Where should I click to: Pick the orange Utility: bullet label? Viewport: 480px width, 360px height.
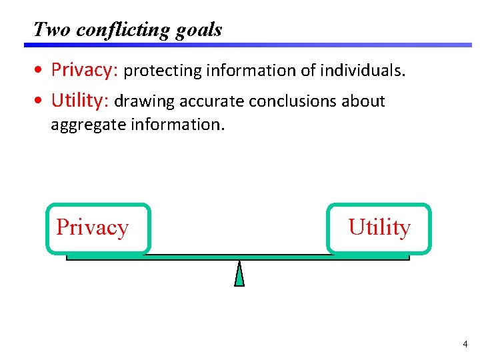point(80,101)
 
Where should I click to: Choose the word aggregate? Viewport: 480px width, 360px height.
point(85,125)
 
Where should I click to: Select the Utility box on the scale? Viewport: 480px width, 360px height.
point(379,229)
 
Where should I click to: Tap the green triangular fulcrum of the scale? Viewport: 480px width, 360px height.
point(239,274)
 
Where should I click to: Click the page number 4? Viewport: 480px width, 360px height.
point(465,345)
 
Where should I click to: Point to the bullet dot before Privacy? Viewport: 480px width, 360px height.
point(41,71)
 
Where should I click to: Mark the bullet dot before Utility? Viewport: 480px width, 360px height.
point(41,101)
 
